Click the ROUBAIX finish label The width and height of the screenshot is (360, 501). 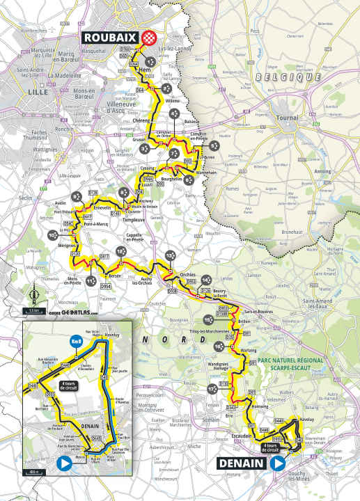click(x=110, y=38)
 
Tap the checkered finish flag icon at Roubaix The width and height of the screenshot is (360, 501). click(x=147, y=38)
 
